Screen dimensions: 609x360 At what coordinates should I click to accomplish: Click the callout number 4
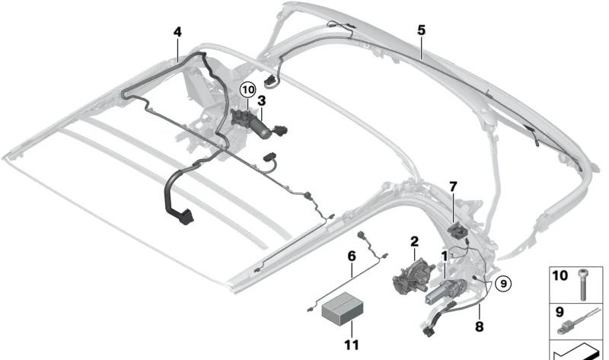(177, 32)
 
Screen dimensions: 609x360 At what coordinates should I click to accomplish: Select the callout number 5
(422, 30)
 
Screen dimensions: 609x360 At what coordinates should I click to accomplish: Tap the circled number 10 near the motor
(248, 90)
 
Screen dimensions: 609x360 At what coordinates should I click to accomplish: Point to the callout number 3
(262, 101)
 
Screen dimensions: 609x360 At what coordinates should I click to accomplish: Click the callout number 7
(453, 186)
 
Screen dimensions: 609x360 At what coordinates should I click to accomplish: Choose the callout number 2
(414, 241)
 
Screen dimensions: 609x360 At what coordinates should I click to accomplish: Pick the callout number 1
(444, 256)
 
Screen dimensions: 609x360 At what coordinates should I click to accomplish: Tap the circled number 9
(503, 284)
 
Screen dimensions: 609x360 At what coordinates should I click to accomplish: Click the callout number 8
(480, 327)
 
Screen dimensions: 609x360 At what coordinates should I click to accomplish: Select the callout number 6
(352, 256)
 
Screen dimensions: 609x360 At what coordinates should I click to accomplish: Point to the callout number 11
(352, 345)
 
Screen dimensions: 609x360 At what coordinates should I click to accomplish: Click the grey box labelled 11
(343, 309)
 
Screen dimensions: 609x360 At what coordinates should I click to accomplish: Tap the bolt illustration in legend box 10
(583, 285)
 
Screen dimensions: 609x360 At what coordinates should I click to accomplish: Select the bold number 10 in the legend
(560, 276)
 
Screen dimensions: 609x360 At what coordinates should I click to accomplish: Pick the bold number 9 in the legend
(560, 312)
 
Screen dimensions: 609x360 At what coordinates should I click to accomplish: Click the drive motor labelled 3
(253, 123)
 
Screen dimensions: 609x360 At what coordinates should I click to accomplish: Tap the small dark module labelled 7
(458, 230)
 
